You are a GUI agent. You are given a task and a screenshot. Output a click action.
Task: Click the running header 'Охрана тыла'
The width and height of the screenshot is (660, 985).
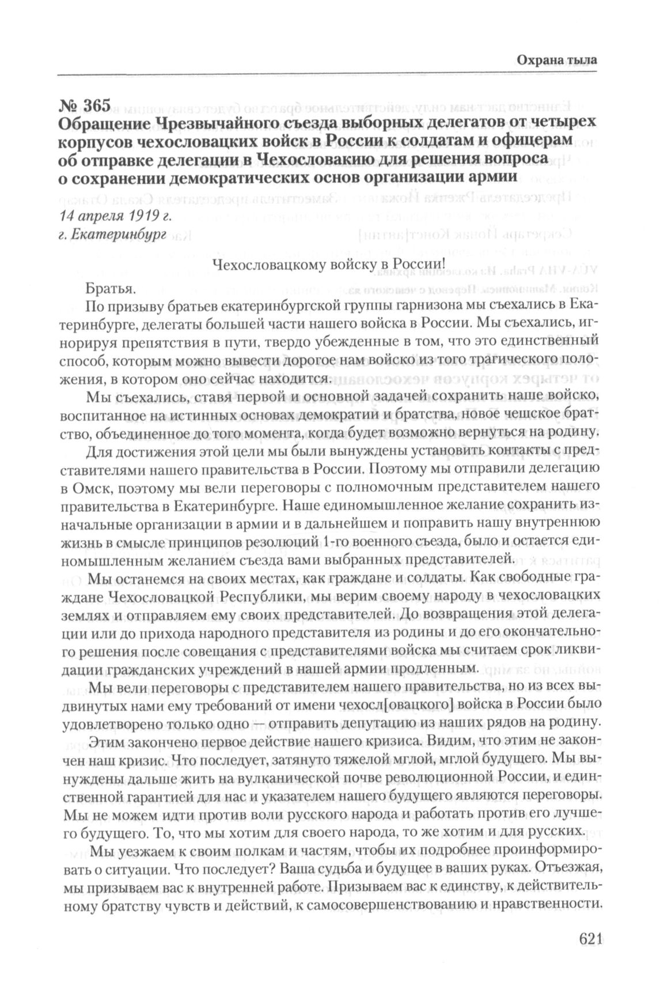click(x=556, y=59)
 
